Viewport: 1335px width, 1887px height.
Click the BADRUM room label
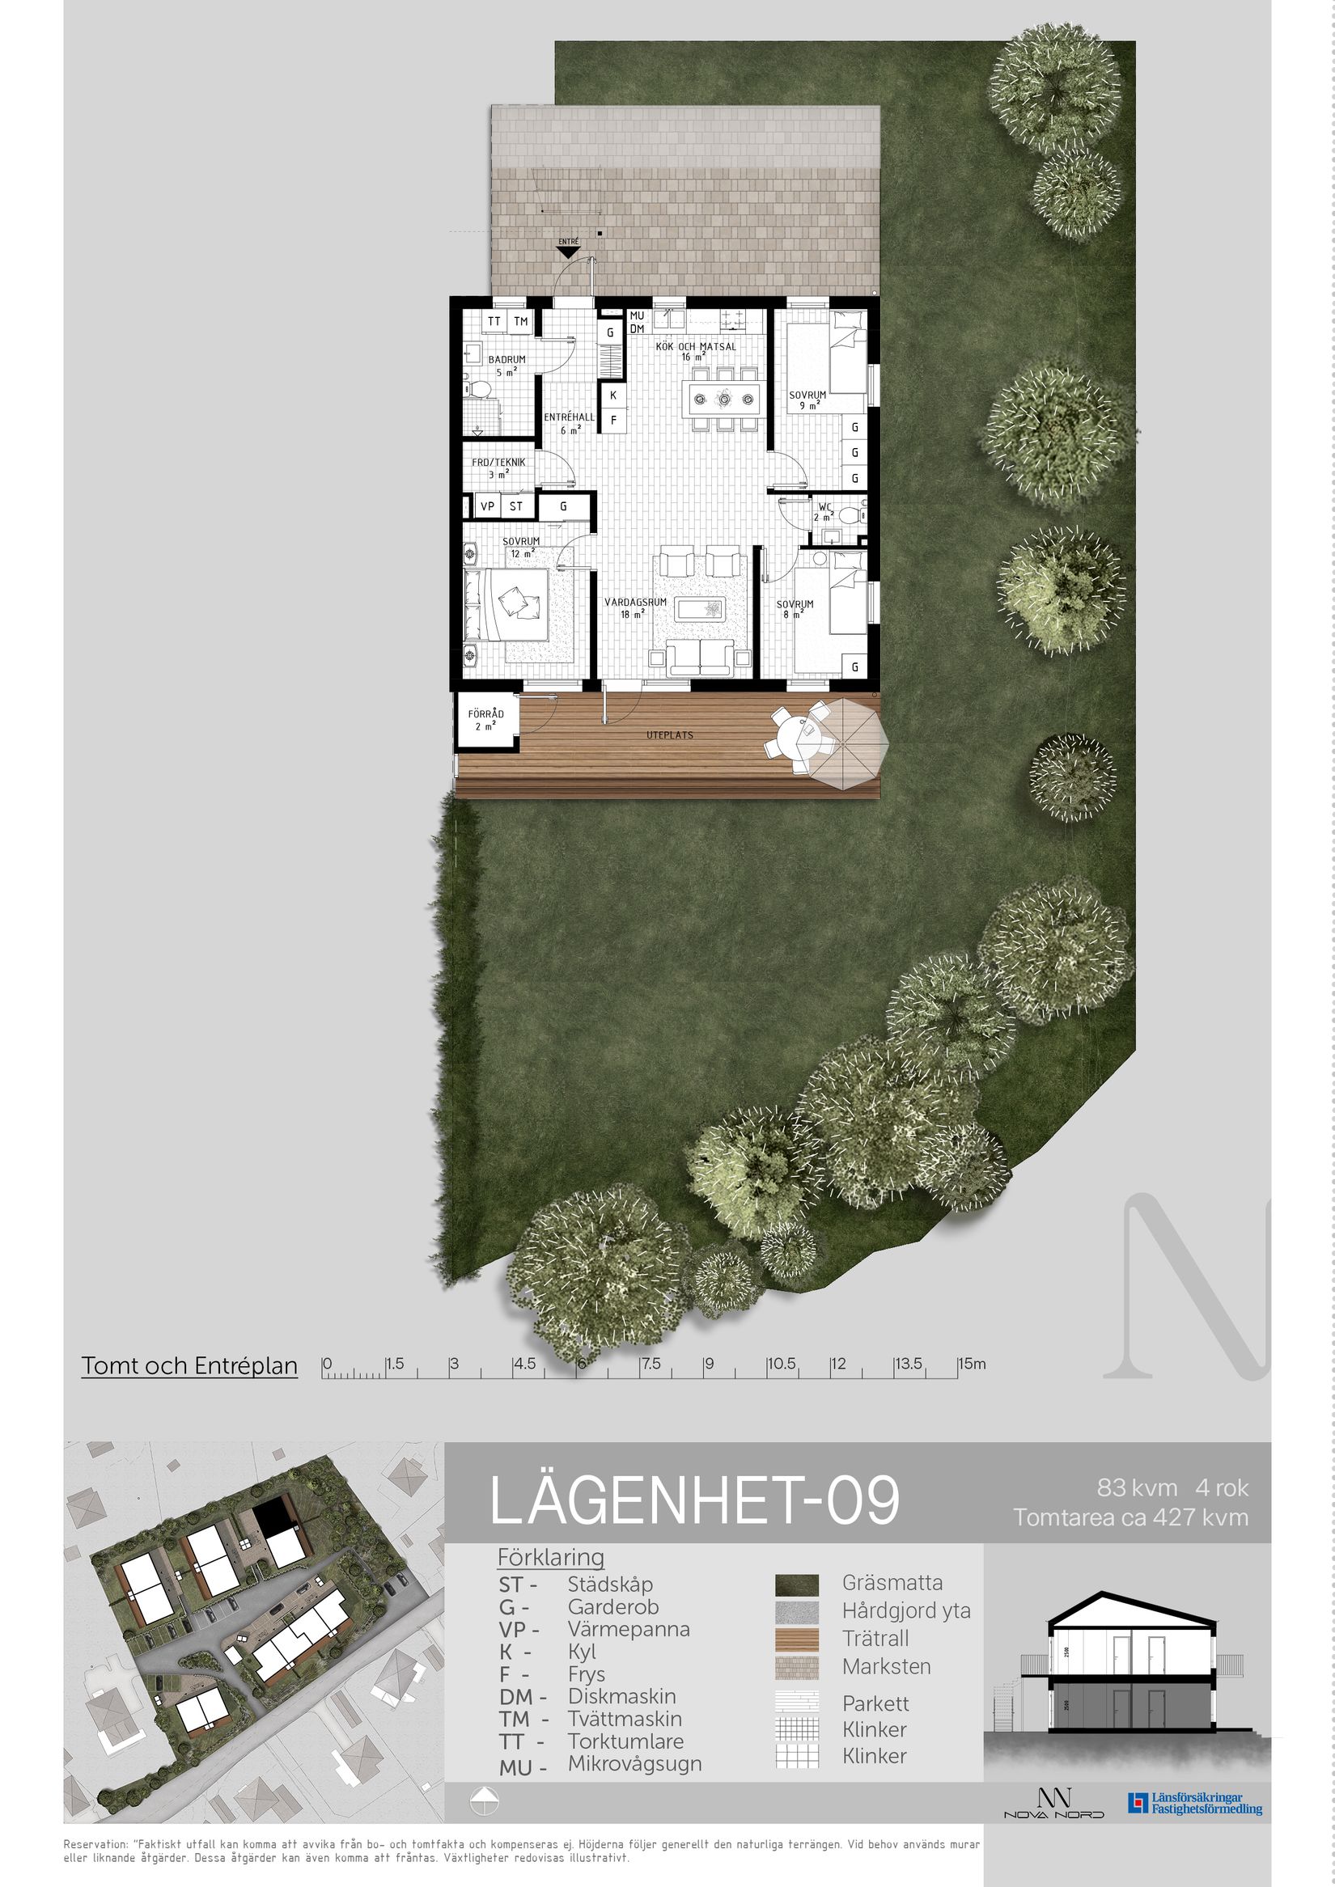(x=506, y=360)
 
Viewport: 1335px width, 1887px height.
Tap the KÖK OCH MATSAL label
(x=696, y=347)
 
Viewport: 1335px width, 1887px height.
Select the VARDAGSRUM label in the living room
(x=634, y=603)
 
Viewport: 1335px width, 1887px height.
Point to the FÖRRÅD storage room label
(x=485, y=714)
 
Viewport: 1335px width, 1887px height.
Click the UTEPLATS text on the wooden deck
(x=669, y=734)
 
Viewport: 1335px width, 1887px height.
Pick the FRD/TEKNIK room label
(x=498, y=463)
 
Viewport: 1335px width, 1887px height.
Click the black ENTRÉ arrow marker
(x=568, y=253)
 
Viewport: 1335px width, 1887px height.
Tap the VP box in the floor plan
(x=487, y=506)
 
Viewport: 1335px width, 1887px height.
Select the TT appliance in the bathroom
(x=494, y=321)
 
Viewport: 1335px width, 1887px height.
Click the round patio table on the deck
(x=795, y=734)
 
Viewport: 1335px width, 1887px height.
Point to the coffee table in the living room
(x=700, y=608)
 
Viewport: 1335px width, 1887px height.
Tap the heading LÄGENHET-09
(x=695, y=1501)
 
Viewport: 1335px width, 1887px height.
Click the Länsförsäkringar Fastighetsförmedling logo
(x=1194, y=1803)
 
